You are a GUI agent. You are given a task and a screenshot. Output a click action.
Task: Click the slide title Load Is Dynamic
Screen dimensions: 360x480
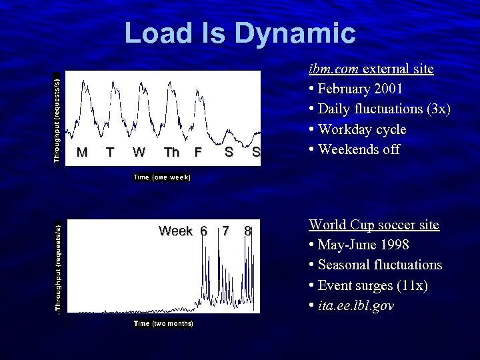click(240, 33)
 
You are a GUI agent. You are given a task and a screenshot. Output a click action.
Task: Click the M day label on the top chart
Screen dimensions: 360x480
click(82, 152)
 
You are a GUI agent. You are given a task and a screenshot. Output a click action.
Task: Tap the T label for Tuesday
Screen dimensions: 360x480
click(110, 152)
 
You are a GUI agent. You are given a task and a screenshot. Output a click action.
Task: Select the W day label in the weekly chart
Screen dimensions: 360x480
click(139, 152)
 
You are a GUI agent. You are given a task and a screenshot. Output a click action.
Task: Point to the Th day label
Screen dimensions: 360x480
click(172, 152)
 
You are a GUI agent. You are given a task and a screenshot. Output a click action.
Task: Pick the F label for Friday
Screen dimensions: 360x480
click(197, 152)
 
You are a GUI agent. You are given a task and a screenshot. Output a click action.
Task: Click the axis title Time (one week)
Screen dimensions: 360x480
click(162, 177)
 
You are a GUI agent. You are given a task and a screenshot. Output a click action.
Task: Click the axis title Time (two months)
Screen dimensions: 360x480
click(163, 323)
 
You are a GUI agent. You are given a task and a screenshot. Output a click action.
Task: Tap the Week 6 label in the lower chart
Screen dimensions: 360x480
click(183, 231)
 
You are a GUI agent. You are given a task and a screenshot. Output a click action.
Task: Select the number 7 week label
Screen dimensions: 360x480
click(226, 231)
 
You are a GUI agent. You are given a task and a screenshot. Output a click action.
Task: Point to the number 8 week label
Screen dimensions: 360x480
click(247, 231)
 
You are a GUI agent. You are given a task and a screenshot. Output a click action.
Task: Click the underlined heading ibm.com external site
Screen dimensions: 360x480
click(371, 69)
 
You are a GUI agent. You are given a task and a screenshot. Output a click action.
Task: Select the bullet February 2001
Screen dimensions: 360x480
click(360, 89)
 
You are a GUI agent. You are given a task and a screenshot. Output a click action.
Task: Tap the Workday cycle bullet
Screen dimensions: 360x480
click(362, 129)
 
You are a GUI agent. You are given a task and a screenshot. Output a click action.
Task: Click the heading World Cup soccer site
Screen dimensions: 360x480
click(373, 225)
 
